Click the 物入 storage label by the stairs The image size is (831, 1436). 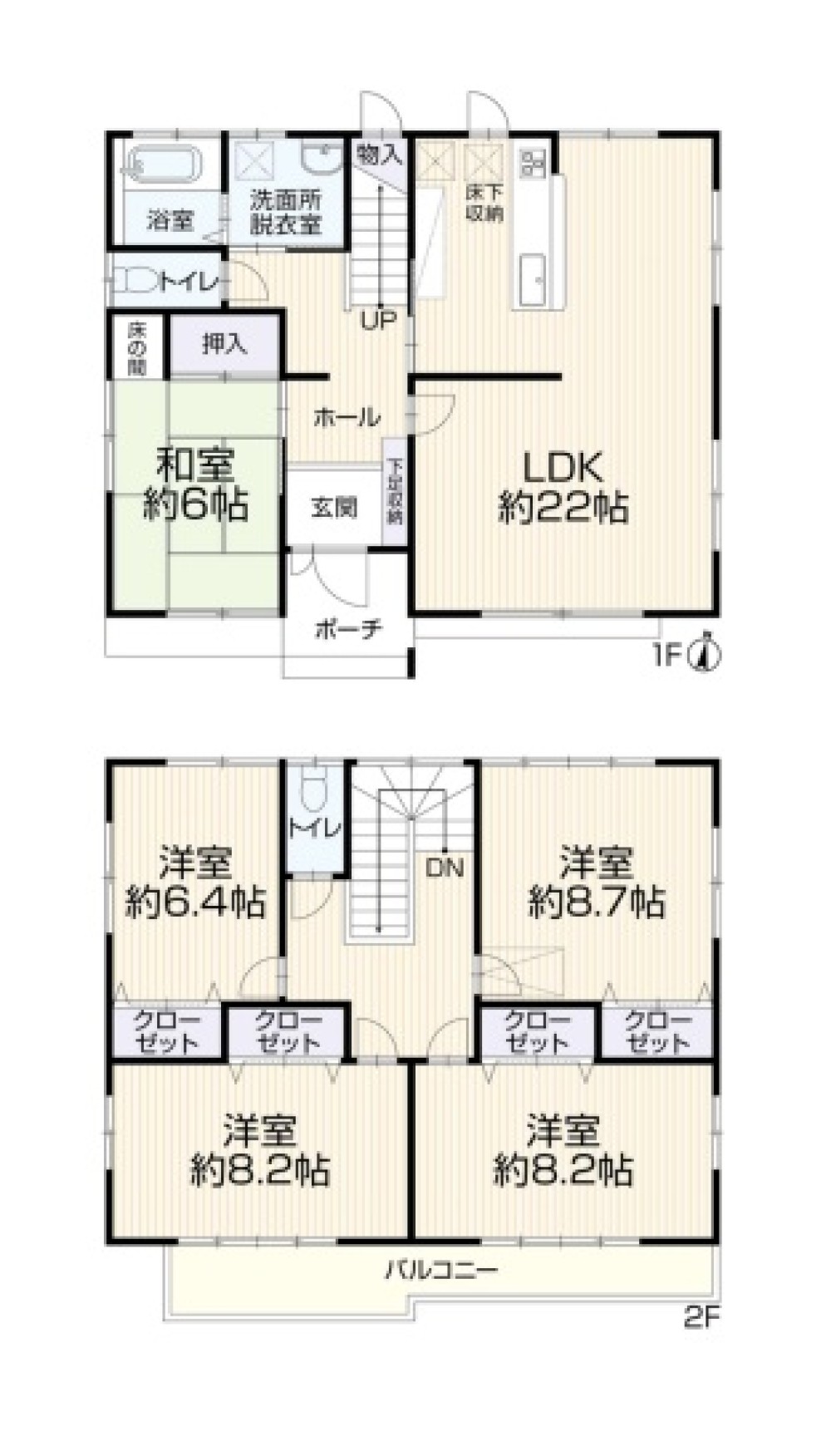pyautogui.click(x=380, y=154)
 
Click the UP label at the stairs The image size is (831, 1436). pyautogui.click(x=378, y=319)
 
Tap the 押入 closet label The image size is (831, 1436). pyautogui.click(x=224, y=344)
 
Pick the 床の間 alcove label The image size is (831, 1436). pyautogui.click(x=136, y=347)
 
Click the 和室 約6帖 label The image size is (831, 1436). pyautogui.click(x=196, y=484)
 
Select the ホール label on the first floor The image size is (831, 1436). pyautogui.click(x=347, y=416)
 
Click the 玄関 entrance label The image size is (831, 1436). pyautogui.click(x=334, y=507)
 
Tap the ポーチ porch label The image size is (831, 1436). pyautogui.click(x=348, y=629)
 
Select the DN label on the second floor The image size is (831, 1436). pyautogui.click(x=444, y=869)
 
